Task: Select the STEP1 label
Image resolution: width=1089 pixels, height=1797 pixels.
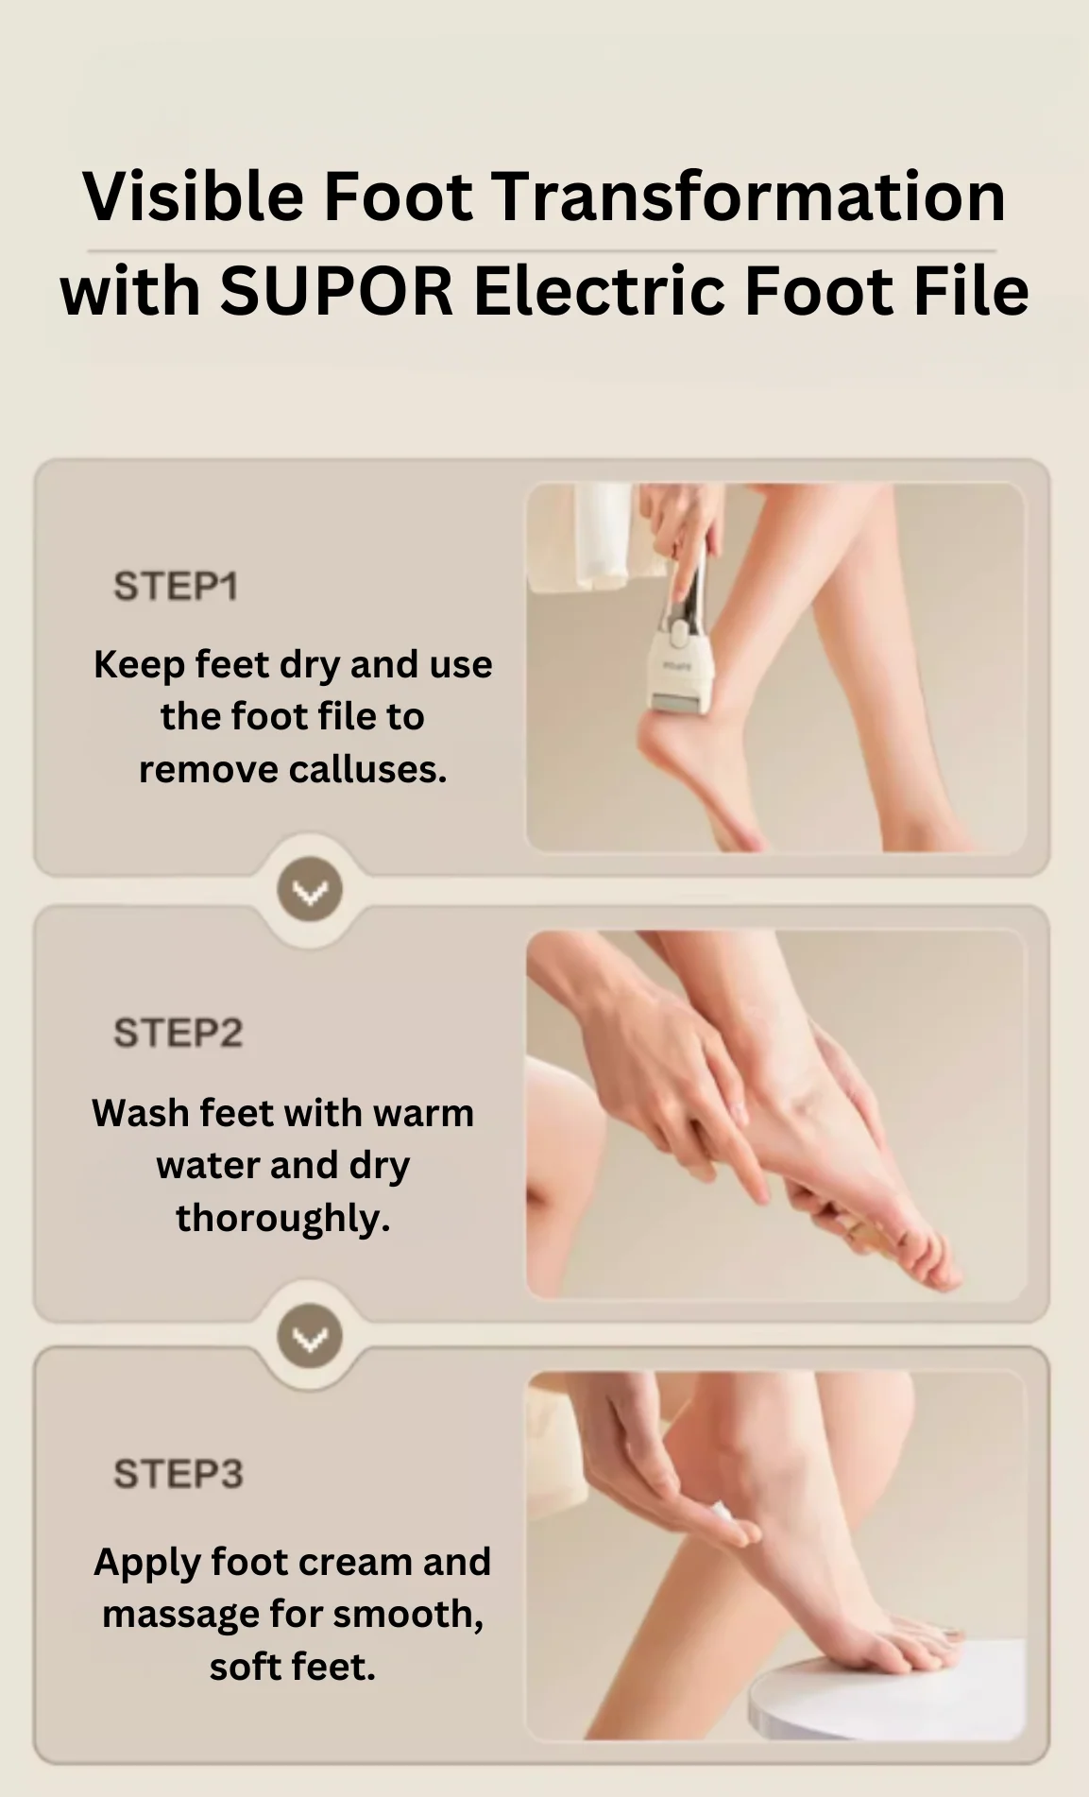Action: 176,586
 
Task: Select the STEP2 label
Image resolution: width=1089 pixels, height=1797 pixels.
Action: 178,1033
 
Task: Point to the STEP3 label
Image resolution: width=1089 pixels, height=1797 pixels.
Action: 178,1474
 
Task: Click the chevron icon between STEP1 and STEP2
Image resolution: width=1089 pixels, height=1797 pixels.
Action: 310,890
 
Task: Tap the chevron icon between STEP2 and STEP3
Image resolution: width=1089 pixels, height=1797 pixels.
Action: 310,1337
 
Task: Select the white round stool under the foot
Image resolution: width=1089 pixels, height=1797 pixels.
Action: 888,1691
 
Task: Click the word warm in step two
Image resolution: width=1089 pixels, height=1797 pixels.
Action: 423,1113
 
